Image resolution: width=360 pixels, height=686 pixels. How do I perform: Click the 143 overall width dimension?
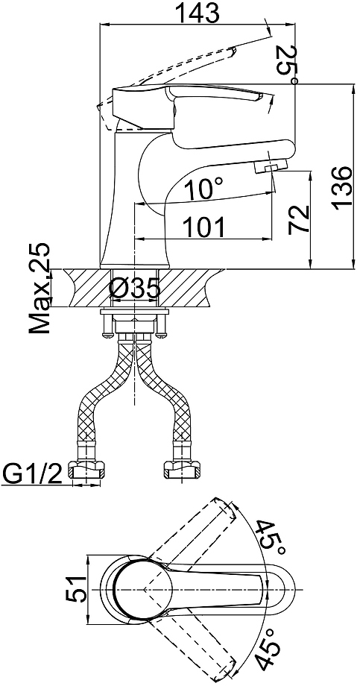(x=197, y=13)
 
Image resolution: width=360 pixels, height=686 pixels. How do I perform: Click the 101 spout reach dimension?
(x=203, y=227)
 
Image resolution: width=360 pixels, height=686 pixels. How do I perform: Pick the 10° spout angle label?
(x=203, y=190)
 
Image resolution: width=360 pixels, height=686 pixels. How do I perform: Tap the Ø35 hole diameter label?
(x=134, y=289)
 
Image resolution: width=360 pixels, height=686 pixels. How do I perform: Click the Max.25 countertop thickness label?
(x=40, y=288)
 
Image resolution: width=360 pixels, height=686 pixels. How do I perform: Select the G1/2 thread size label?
(x=31, y=473)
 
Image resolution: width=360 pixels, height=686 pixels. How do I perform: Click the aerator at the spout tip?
(x=270, y=166)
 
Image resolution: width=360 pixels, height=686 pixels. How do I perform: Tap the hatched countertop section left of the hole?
(x=86, y=288)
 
